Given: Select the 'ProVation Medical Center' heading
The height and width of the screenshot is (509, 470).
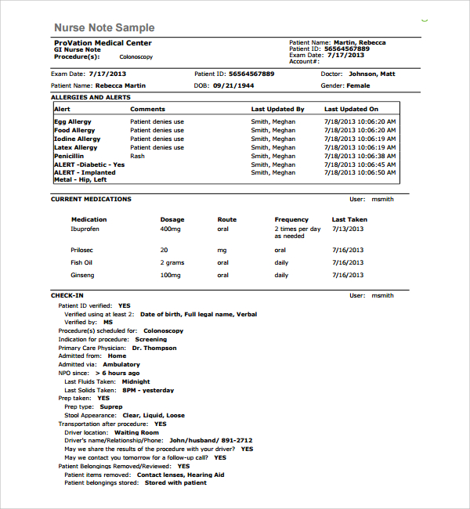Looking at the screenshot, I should click(103, 43).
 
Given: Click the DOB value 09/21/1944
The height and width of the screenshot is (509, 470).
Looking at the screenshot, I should click(235, 85).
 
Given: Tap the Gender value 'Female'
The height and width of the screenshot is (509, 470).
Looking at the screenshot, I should click(358, 85).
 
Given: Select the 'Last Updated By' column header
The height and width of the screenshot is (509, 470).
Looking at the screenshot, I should click(277, 110).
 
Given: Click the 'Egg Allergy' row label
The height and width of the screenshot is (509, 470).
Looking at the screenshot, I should click(73, 122).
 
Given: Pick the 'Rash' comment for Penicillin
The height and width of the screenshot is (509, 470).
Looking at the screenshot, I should click(137, 156).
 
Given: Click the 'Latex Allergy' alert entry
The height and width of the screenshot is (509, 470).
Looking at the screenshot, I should click(76, 147).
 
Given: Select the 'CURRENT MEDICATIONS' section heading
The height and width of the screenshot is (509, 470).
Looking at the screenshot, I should click(91, 199).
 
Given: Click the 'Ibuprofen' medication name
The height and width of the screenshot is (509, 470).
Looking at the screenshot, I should click(85, 229).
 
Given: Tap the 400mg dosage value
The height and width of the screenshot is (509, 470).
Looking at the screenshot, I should click(170, 229).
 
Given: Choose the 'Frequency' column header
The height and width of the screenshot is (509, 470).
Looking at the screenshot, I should click(291, 219).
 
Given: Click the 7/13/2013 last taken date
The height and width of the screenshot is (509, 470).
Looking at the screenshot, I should click(348, 229).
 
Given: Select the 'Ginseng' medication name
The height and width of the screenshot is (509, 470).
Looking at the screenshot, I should click(82, 276).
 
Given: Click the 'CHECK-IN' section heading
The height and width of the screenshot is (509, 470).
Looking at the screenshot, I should click(67, 296).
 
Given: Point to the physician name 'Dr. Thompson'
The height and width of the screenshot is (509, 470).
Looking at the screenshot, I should click(154, 348).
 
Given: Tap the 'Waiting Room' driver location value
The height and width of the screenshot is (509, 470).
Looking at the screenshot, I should click(136, 432).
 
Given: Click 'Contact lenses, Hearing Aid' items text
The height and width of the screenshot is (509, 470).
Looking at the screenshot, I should click(180, 475).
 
